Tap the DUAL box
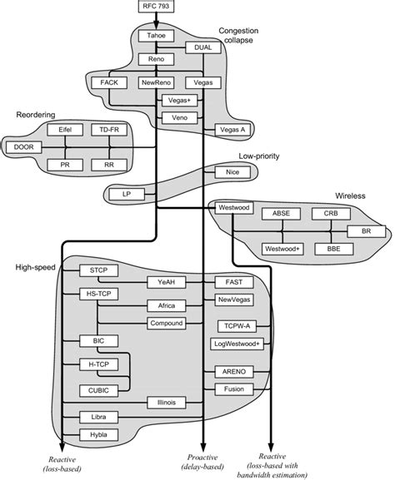[202, 48]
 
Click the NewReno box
[156, 83]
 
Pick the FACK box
[109, 83]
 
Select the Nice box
[232, 171]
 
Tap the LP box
[127, 194]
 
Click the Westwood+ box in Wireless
[281, 248]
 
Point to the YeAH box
[165, 283]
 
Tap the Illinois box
[167, 402]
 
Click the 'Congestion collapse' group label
[242, 37]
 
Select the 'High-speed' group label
[33, 267]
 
